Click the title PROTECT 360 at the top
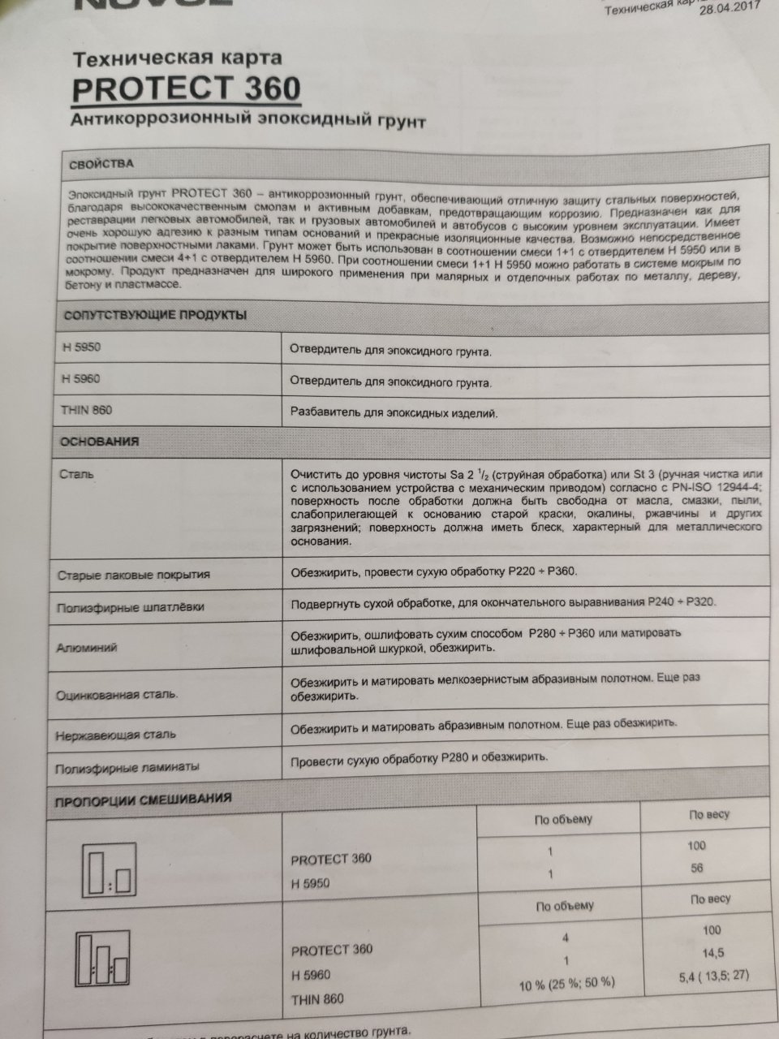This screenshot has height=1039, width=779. point(186,88)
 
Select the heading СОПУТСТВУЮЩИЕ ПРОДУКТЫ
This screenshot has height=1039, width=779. point(154,315)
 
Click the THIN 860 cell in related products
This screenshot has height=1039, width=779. point(86,410)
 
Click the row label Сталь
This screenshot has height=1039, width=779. point(76,473)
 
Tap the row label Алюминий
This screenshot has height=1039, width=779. point(87,648)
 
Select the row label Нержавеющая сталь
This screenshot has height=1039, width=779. point(115,735)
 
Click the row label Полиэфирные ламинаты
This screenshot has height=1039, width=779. point(127,767)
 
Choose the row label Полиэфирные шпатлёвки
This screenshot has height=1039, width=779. point(130,607)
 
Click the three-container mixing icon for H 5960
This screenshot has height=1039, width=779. point(101,959)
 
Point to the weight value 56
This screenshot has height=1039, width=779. point(696,868)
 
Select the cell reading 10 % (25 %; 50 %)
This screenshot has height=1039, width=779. point(566,983)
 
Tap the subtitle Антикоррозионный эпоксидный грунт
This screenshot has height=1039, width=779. point(247,121)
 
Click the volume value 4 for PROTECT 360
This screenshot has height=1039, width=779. point(566,938)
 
